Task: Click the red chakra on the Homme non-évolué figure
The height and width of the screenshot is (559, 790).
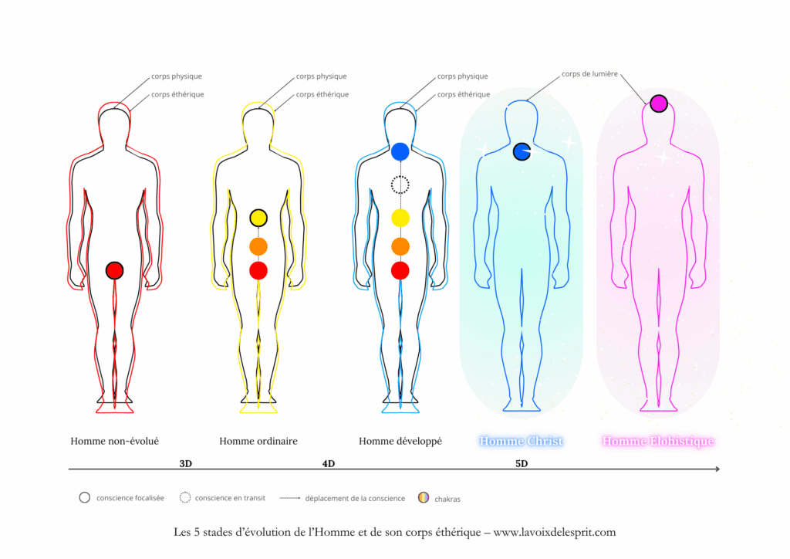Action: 114,270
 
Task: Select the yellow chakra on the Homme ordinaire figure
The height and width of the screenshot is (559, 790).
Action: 258,218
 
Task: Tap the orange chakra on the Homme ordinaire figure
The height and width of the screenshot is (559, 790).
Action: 258,246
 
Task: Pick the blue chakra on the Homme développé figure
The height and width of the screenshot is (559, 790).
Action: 400,151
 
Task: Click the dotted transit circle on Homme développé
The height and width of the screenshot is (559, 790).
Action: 400,185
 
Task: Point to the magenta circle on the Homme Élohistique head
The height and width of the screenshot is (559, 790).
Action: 658,103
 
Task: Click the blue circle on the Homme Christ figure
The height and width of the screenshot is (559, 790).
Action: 522,151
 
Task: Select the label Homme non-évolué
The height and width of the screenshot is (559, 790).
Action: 115,442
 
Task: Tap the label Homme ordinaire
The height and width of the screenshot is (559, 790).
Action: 258,442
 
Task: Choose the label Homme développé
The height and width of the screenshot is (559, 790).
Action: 400,442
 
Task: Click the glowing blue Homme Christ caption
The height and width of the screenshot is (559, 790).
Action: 521,442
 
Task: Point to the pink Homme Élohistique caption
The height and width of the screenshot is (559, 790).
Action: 658,442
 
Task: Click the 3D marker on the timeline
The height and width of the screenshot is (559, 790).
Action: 185,463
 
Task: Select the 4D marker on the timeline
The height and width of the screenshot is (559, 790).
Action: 329,463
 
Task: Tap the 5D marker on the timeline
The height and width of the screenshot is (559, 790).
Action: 522,463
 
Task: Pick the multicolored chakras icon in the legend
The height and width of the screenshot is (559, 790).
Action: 424,498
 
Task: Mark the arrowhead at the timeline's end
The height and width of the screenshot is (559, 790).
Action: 717,469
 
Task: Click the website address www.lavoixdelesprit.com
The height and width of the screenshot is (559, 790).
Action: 555,532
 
